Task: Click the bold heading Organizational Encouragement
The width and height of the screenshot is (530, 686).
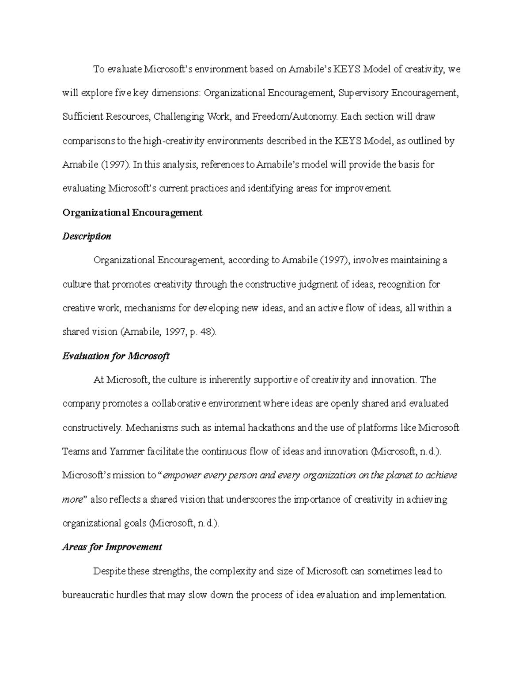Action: [132, 212]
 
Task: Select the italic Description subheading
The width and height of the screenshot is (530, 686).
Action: [87, 236]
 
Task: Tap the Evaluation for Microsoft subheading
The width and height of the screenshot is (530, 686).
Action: [116, 356]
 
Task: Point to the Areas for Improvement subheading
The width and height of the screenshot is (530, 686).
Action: [112, 547]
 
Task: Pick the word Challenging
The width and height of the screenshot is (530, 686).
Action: [178, 117]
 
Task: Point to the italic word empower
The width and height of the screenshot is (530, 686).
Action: [182, 475]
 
